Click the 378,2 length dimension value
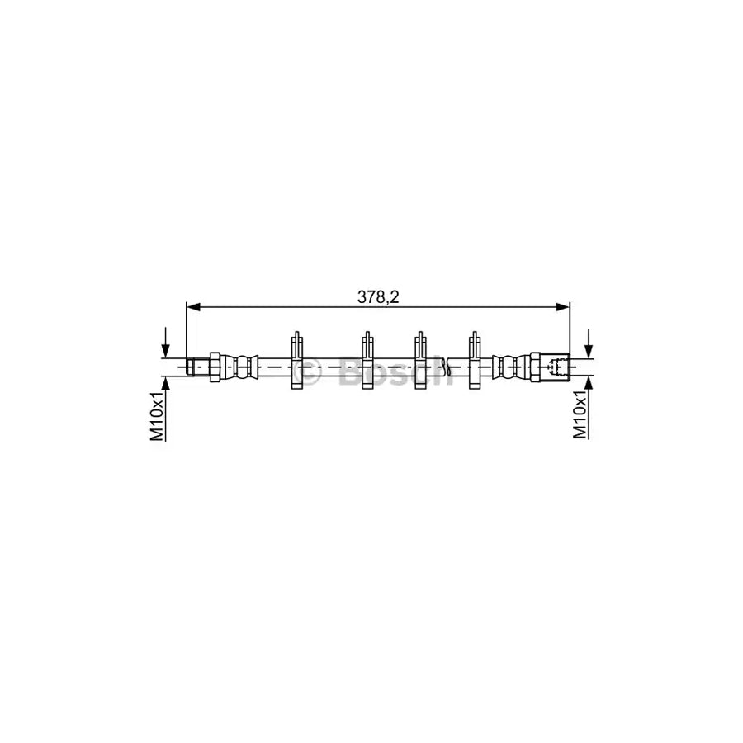(378, 297)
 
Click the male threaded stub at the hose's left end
(196, 365)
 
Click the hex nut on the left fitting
(214, 365)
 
